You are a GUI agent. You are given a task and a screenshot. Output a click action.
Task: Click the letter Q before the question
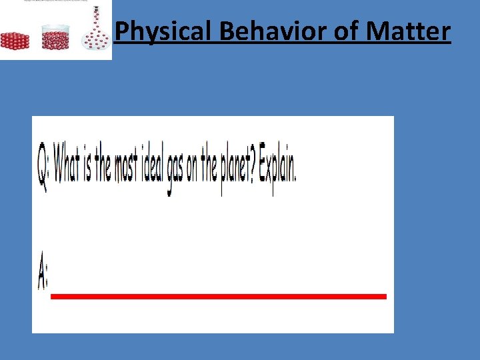tap(43, 167)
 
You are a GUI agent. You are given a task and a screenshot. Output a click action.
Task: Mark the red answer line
tap(219, 296)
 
